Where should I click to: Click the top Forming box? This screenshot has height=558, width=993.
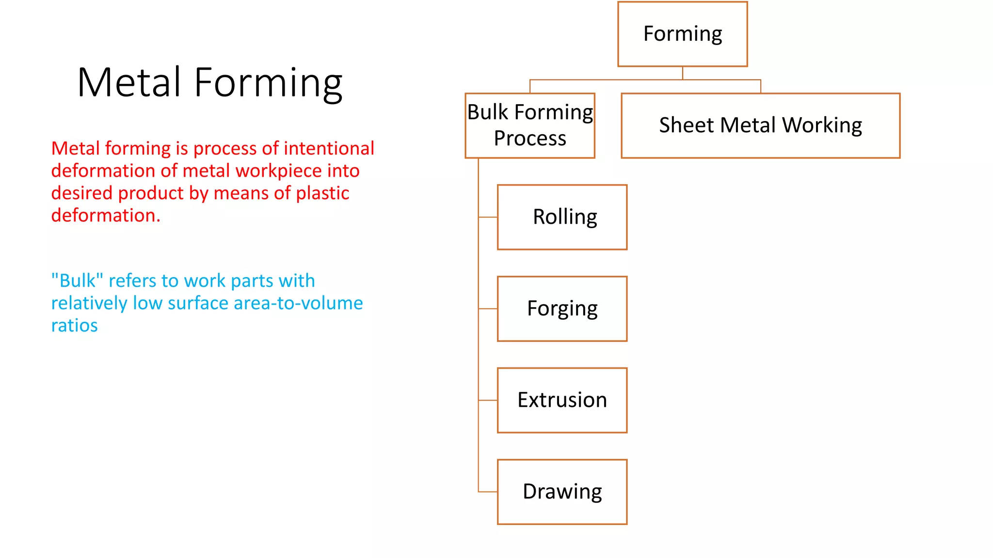click(x=682, y=34)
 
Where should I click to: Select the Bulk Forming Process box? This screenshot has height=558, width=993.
click(x=530, y=125)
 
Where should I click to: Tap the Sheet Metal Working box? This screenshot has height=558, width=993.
click(x=760, y=125)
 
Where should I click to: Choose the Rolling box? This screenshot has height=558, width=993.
click(x=562, y=217)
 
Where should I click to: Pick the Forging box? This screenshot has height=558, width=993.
click(x=562, y=309)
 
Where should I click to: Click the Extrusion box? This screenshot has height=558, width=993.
click(x=562, y=400)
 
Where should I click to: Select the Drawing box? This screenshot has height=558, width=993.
click(x=562, y=492)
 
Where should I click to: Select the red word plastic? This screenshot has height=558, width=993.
click(x=322, y=193)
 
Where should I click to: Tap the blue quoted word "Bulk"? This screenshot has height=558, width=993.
click(x=77, y=280)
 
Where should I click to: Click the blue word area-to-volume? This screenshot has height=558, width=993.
click(x=298, y=303)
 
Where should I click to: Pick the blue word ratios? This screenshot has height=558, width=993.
click(x=74, y=325)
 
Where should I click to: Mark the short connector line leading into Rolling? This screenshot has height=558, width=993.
click(x=488, y=217)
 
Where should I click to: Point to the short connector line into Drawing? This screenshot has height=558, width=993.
click(x=488, y=492)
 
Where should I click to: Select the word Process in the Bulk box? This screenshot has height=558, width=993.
click(x=530, y=139)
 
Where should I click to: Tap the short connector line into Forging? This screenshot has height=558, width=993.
click(x=488, y=309)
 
